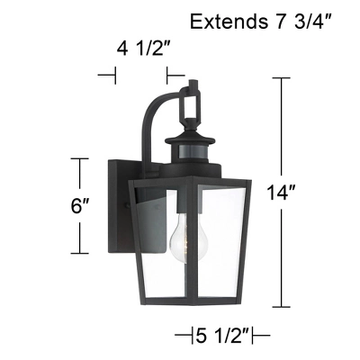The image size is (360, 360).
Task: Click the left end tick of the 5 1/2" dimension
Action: pyautogui.click(x=189, y=336)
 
